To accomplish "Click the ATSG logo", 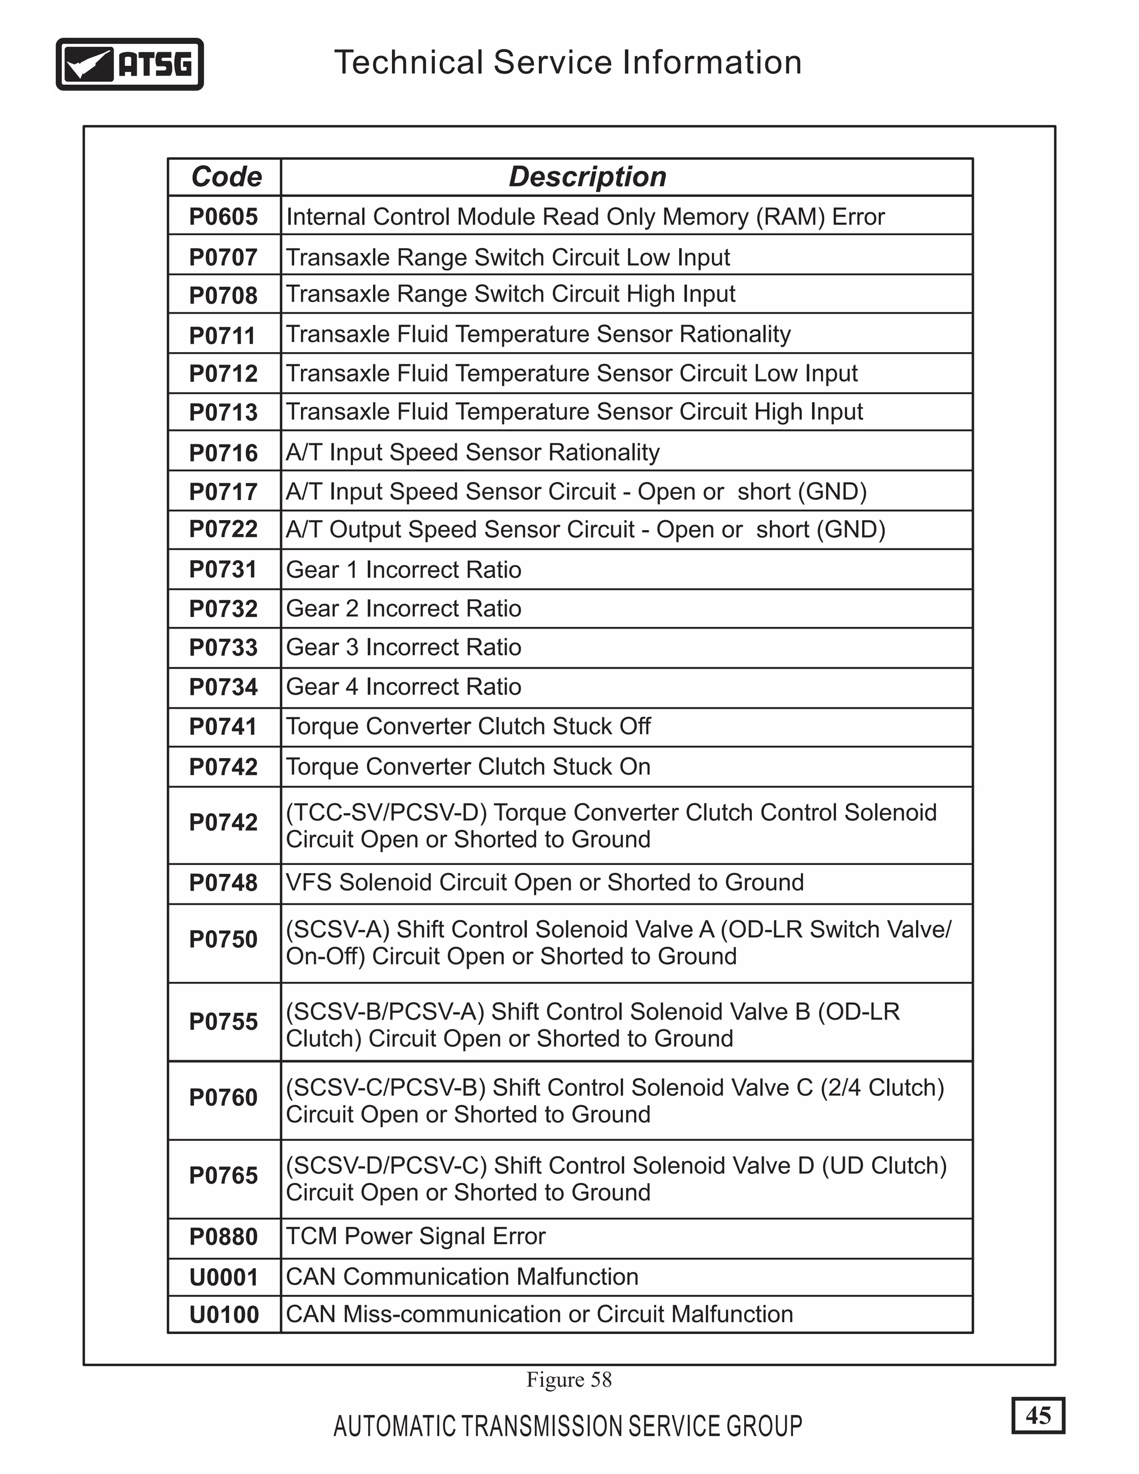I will pyautogui.click(x=130, y=64).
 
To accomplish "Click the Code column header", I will pyautogui.click(x=226, y=177).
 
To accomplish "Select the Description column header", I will pyautogui.click(x=587, y=177).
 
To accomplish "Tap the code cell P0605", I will pyautogui.click(x=224, y=216).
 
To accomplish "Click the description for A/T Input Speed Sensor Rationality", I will pyautogui.click(x=472, y=452).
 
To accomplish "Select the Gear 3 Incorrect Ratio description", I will pyautogui.click(x=404, y=647).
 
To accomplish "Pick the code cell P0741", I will pyautogui.click(x=224, y=727).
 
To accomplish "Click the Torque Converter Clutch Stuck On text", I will pyautogui.click(x=468, y=766).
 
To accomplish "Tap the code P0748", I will pyautogui.click(x=224, y=883).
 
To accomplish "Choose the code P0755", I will pyautogui.click(x=224, y=1022).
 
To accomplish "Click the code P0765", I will pyautogui.click(x=224, y=1176).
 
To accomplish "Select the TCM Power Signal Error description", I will pyautogui.click(x=415, y=1236).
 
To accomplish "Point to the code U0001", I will pyautogui.click(x=224, y=1278).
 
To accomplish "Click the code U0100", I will pyautogui.click(x=224, y=1315).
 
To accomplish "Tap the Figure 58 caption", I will pyautogui.click(x=569, y=1379).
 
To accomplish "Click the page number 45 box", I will pyautogui.click(x=1038, y=1415).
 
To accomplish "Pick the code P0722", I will pyautogui.click(x=224, y=529).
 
